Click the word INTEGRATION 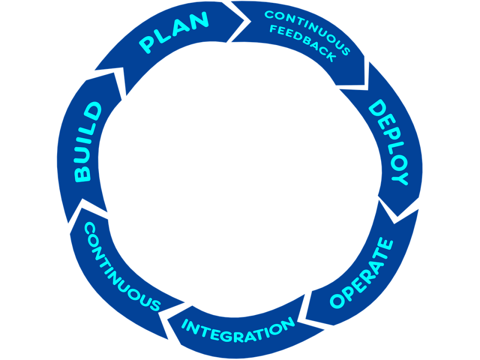pyautogui.click(x=238, y=328)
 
